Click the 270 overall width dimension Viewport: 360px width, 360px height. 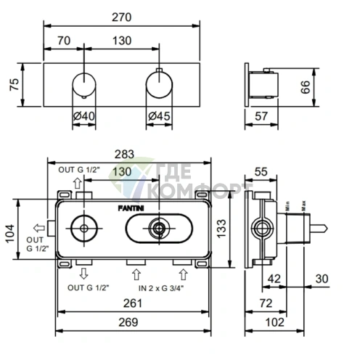pos(121,17)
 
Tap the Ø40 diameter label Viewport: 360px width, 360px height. pos(84,116)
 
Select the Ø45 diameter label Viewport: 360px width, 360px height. pos(159,116)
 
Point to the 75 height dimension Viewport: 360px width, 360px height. pos(15,84)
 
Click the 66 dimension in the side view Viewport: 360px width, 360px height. pos(306,87)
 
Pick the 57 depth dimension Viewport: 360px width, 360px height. pos(261,116)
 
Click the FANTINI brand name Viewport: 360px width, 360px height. pos(131,208)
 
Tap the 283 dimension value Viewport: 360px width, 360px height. pos(124,154)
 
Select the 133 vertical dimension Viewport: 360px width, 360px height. pos(221,229)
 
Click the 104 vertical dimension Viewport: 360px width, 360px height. pos(10,234)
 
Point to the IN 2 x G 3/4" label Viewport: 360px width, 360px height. pos(161,288)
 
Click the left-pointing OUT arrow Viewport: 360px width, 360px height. pos(39,228)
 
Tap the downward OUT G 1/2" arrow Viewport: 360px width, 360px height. pos(83,274)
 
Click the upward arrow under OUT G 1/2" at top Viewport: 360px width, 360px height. pos(77,183)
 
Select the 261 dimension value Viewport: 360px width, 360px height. pos(133,303)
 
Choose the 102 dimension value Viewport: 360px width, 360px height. pos(274,322)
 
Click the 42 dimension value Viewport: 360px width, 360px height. pos(274,279)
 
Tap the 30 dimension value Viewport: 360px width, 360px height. pos(322,279)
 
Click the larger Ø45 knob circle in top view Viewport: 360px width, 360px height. pos(159,72)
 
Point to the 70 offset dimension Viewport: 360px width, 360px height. pos(64,41)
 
